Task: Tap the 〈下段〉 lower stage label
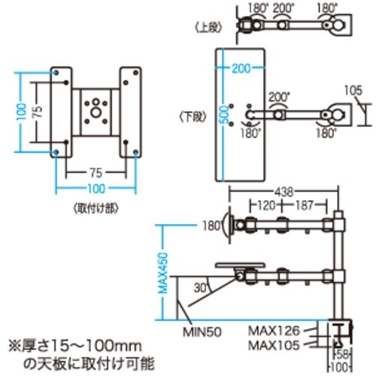(193, 117)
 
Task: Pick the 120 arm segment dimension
(265, 205)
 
